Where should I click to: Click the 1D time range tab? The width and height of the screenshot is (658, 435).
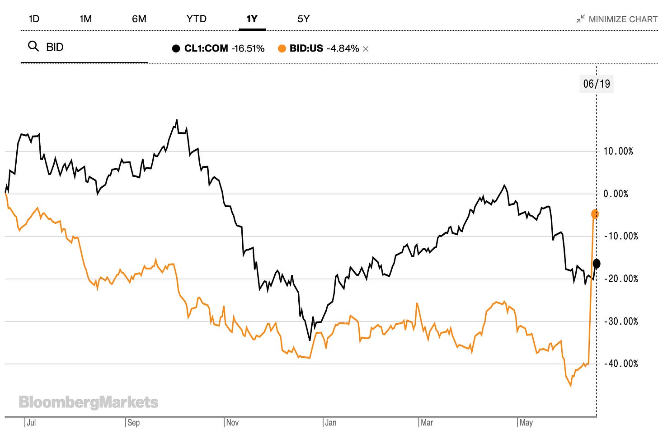[34, 19]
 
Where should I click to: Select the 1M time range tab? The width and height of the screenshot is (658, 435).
[85, 19]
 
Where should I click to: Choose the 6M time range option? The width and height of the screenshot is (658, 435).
[139, 19]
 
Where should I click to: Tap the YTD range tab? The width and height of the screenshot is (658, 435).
[196, 19]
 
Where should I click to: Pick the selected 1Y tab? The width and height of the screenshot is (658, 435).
[252, 19]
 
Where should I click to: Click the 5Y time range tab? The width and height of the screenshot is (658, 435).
[303, 19]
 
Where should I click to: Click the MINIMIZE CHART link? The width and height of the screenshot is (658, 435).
[617, 19]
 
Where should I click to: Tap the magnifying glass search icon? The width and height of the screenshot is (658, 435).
[33, 46]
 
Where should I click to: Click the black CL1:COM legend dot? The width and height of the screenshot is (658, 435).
[176, 48]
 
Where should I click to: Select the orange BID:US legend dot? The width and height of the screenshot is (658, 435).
[282, 48]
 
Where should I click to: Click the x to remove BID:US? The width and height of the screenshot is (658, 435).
[366, 49]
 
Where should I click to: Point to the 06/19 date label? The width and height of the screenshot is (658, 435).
[596, 84]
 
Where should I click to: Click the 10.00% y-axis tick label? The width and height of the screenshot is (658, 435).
[618, 151]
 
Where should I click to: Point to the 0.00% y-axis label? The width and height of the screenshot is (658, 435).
[616, 194]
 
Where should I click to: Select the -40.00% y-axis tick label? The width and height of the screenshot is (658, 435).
[621, 364]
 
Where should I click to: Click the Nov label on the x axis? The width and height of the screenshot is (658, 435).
[232, 423]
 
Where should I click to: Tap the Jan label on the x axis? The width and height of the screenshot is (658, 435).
[331, 423]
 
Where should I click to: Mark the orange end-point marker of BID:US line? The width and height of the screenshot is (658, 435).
[595, 214]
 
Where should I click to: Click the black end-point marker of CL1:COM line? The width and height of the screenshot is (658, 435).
[597, 263]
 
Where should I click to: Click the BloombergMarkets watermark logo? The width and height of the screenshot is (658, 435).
[89, 402]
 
